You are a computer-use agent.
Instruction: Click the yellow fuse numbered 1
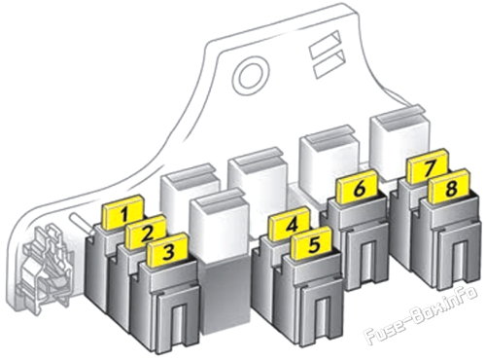point(122,214)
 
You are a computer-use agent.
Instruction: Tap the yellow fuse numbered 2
point(146,232)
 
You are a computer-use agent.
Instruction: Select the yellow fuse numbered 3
point(168,250)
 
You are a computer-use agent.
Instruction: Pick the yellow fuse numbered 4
point(291,225)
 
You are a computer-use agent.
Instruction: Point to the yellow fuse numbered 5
point(312,243)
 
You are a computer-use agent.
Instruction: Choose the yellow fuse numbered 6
point(358,187)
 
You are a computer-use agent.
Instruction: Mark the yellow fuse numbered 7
point(429,167)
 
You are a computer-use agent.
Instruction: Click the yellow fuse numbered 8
point(449,186)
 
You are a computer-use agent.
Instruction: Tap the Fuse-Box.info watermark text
point(421,314)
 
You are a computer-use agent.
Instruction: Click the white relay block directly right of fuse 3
point(221,224)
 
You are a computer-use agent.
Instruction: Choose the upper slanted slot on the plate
point(325,45)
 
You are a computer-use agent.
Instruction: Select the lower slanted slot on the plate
point(330,64)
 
